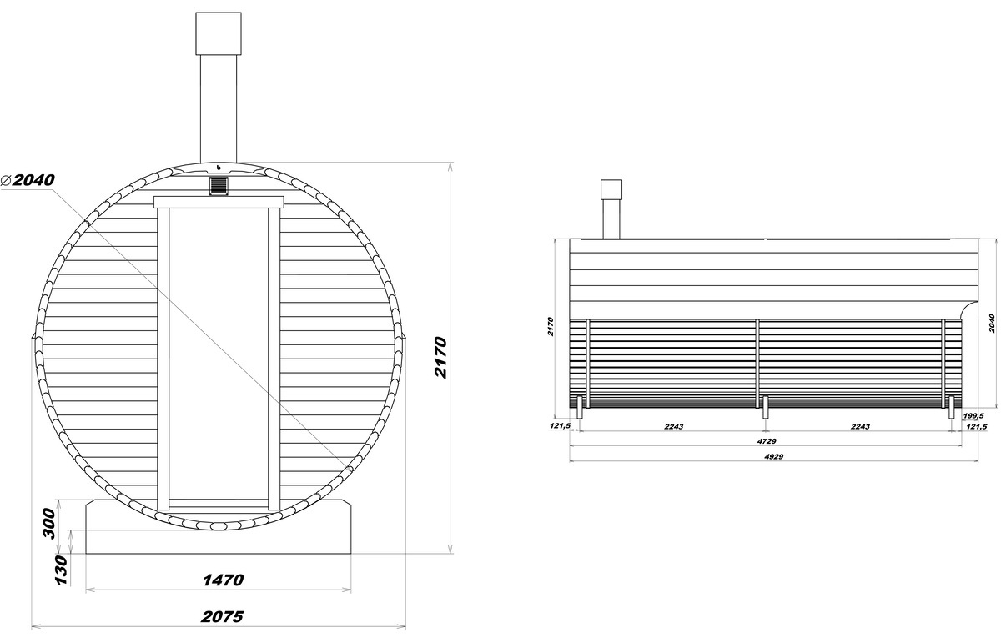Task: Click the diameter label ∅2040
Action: coord(28,180)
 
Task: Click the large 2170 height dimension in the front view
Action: coord(440,358)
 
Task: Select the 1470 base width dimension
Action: coord(224,580)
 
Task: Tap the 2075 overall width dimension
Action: coord(222,616)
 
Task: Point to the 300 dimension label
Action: coord(49,523)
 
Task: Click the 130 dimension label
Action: coord(61,570)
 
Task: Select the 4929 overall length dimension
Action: coord(773,457)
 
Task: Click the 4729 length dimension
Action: coord(767,441)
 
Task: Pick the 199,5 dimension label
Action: coord(973,416)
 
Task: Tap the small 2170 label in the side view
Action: coord(550,327)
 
